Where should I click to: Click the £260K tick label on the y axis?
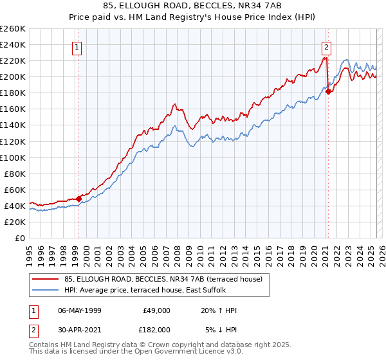tap(13, 29)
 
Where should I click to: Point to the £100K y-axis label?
tap(13, 157)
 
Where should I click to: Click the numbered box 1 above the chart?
tap(77, 46)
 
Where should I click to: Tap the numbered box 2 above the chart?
tap(327, 46)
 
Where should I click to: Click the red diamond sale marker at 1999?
tap(78, 199)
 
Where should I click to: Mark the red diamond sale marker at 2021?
tap(328, 91)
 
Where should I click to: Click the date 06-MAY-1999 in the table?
tap(80, 310)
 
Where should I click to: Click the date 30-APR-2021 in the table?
tap(80, 329)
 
